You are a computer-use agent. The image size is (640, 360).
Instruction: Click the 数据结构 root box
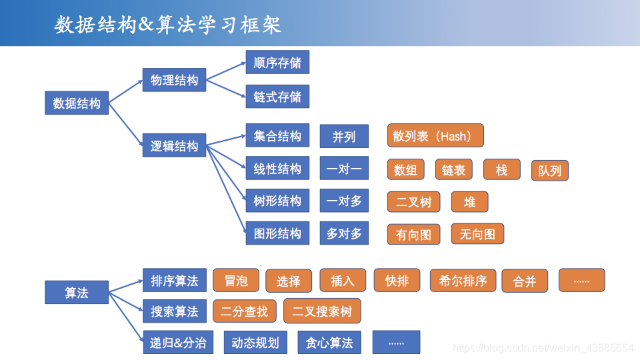point(77,103)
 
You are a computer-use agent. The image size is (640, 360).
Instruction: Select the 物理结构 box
point(174,81)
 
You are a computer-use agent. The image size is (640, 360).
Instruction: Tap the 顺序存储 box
point(277,63)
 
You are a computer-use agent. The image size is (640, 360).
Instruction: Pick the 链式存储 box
point(277,97)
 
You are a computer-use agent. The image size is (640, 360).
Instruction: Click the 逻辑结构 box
point(174,146)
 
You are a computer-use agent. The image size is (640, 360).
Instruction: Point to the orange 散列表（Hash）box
point(435,136)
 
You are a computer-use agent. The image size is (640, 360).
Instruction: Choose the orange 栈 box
point(502,170)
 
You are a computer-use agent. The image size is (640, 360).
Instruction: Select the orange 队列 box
point(549,171)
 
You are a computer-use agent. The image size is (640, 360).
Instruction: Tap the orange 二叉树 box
point(413,202)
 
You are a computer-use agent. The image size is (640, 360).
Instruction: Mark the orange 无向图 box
point(477,234)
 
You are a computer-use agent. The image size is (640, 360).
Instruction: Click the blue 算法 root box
point(77,293)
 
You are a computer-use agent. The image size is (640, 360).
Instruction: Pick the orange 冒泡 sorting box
point(236,281)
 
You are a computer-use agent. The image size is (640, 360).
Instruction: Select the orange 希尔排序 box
point(463,281)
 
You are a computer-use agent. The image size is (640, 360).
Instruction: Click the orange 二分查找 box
point(244,311)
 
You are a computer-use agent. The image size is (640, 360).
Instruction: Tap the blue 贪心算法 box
point(329,343)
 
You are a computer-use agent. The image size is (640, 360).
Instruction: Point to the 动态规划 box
point(255,343)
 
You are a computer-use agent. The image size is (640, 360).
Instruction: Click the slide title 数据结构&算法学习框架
point(168,25)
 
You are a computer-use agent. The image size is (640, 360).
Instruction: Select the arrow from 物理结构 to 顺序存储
point(226,72)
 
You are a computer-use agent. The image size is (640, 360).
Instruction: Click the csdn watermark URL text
point(543,348)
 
